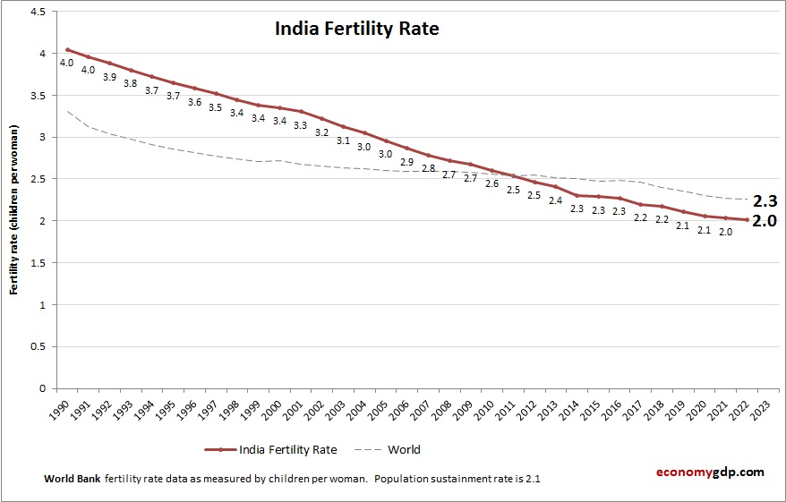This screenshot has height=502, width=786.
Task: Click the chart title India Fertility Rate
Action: pyautogui.click(x=356, y=30)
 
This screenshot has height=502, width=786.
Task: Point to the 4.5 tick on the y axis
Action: pyautogui.click(x=39, y=12)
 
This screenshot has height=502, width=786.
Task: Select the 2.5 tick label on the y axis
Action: pyautogui.click(x=39, y=179)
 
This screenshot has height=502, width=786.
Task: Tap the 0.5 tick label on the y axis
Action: pyautogui.click(x=39, y=346)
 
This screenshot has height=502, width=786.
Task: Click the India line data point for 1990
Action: pyautogui.click(x=67, y=50)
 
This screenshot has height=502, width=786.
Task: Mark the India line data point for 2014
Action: pyautogui.click(x=577, y=195)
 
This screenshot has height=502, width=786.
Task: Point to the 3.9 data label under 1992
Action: pyautogui.click(x=109, y=77)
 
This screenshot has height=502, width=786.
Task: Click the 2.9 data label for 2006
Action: pyautogui.click(x=406, y=162)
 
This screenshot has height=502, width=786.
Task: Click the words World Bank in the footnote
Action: pyautogui.click(x=73, y=479)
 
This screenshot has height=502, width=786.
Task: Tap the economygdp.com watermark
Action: pyautogui.click(x=708, y=472)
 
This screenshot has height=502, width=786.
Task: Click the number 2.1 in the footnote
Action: pyautogui.click(x=530, y=479)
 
